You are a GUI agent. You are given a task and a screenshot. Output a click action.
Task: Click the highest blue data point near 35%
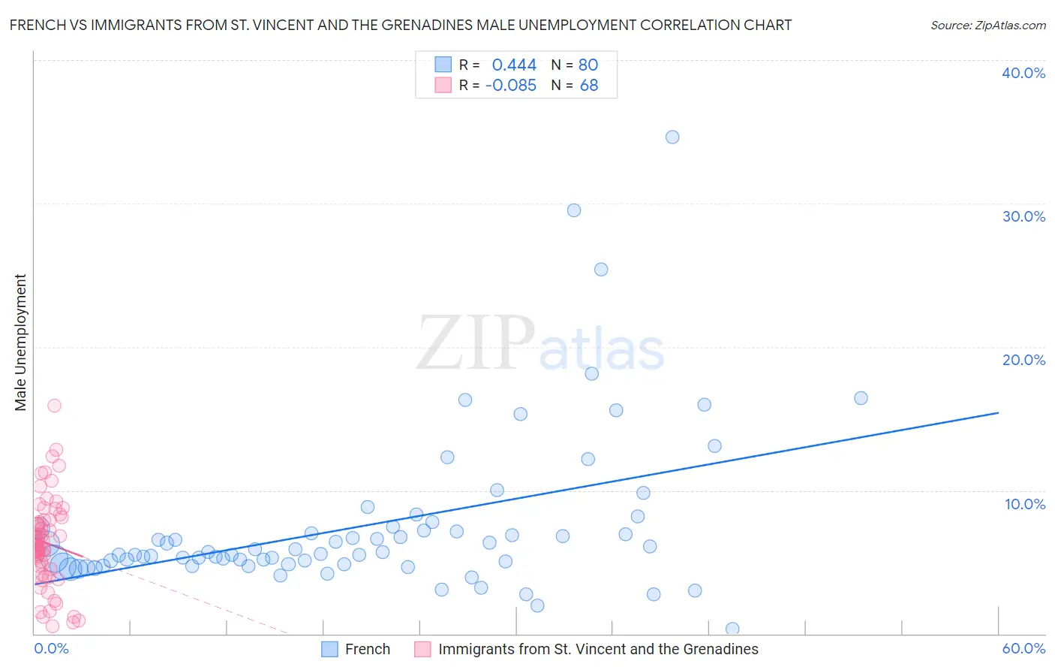(672, 137)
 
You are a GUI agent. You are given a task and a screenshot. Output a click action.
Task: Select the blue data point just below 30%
(574, 210)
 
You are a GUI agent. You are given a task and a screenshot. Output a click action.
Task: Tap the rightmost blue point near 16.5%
(861, 398)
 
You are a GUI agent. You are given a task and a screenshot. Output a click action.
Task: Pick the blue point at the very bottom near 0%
(732, 629)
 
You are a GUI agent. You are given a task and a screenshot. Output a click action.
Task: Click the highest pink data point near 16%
(54, 406)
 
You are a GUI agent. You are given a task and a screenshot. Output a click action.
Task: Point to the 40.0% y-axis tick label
(1023, 73)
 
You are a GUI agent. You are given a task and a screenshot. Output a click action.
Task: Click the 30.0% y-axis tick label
(1023, 216)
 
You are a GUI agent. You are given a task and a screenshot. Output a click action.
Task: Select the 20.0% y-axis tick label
(1023, 360)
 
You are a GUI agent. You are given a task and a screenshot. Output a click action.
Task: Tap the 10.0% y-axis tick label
(1023, 504)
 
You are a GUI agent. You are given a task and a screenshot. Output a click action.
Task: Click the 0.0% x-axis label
(51, 648)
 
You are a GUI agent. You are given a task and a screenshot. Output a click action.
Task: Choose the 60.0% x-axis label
(1023, 648)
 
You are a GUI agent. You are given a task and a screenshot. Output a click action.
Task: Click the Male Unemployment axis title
(20, 343)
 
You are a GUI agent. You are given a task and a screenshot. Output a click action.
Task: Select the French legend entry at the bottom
(367, 649)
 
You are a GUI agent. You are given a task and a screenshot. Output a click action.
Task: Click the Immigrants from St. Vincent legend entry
(598, 649)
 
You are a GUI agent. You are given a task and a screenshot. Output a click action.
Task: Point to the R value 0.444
(514, 65)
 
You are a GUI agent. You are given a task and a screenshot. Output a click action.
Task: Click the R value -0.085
(511, 85)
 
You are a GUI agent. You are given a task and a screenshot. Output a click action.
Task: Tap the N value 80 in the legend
(588, 65)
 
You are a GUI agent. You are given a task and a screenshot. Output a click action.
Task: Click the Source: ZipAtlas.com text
(987, 25)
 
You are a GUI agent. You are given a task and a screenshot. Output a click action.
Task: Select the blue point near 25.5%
(601, 270)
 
